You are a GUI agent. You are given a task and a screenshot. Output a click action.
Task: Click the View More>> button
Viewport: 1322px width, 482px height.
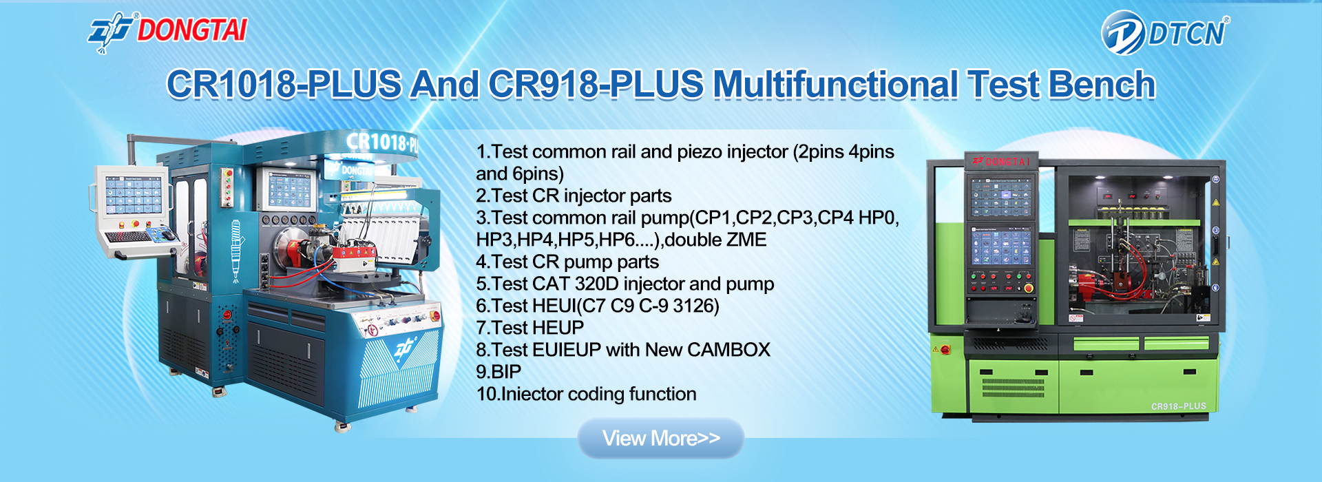(661, 438)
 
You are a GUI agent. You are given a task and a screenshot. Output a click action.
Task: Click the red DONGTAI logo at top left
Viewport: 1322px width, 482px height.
(167, 32)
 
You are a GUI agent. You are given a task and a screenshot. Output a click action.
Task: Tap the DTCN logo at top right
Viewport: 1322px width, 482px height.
(1165, 32)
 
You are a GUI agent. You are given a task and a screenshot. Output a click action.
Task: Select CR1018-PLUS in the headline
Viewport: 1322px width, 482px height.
(284, 85)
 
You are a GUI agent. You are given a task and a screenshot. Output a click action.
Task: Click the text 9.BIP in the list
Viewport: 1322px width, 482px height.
(499, 372)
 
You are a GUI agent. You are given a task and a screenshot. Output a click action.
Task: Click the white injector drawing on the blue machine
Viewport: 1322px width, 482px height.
(235, 251)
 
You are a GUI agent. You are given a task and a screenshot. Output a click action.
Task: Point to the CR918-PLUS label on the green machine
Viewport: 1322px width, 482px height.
(1179, 406)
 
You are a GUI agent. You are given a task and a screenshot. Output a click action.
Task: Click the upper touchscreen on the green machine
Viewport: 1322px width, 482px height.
(1002, 197)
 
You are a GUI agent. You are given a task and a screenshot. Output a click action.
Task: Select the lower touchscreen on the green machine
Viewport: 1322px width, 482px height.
(1002, 247)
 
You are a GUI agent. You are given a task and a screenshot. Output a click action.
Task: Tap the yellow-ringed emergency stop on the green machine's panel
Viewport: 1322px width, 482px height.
(1029, 289)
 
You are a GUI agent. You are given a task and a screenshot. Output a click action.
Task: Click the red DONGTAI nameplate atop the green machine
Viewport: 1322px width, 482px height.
(1002, 162)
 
